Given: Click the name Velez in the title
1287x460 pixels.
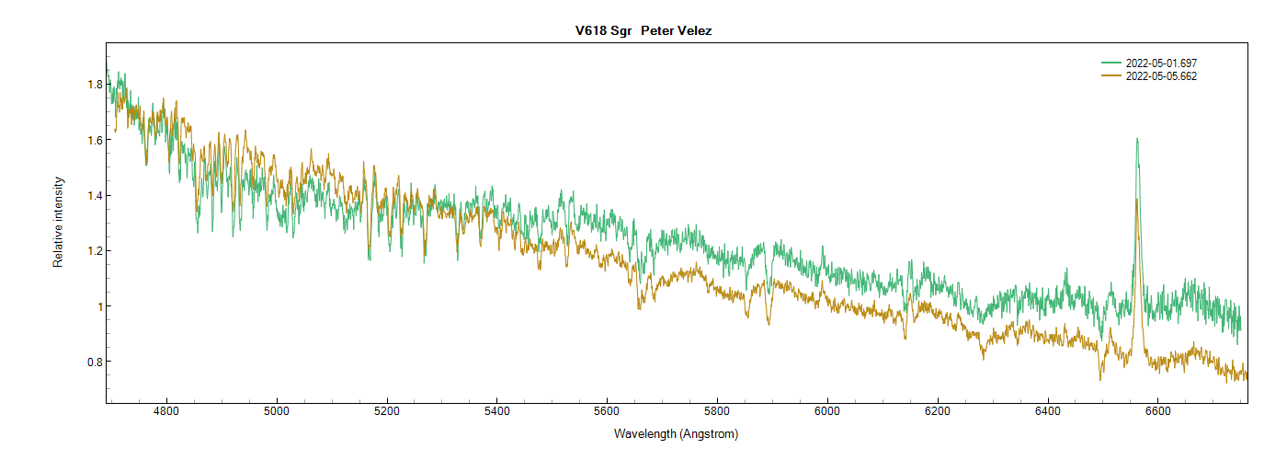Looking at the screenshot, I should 694,31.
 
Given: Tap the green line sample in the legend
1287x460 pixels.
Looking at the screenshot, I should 1111,63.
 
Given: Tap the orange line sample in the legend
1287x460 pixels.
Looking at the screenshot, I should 1111,76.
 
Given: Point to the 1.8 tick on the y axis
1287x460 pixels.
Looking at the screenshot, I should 94,85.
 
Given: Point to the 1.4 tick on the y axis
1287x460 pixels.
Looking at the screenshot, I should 94,195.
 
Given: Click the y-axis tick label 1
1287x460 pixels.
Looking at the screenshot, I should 98,306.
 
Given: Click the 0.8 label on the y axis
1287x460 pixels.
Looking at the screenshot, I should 94,362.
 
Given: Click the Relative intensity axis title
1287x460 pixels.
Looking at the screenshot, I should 58,222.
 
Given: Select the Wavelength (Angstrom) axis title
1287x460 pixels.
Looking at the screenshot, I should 676,433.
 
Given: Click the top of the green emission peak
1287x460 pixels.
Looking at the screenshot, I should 1137,139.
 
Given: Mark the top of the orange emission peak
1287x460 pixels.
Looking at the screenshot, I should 1137,199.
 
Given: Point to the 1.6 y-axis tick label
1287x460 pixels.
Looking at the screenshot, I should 94,140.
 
